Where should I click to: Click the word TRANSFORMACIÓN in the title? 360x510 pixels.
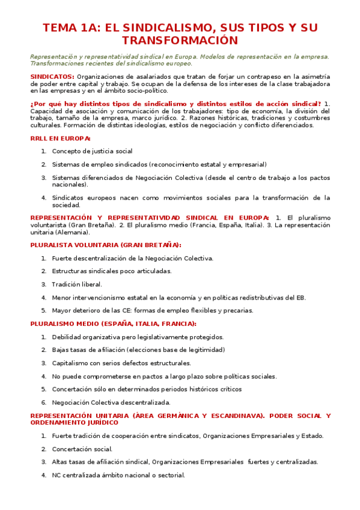coord(180,41)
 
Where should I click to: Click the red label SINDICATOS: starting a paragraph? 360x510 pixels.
coord(52,76)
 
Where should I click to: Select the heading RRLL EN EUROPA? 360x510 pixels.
coord(60,138)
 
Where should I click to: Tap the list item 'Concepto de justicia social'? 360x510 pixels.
coord(92,151)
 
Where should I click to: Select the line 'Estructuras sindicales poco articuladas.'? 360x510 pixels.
coord(111,271)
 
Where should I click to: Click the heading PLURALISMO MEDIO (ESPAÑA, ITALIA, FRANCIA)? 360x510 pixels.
coord(113,324)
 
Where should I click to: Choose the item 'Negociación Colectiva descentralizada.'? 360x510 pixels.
coord(111,402)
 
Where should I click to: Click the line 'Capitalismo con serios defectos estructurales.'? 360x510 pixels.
coord(121,363)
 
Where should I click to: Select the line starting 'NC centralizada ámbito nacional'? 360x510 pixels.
coord(118,475)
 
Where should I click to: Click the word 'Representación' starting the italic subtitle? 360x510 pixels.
coord(53,57)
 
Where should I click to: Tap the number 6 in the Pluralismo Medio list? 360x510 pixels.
coord(44,402)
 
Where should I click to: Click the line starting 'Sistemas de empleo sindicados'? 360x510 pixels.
coord(150,164)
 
